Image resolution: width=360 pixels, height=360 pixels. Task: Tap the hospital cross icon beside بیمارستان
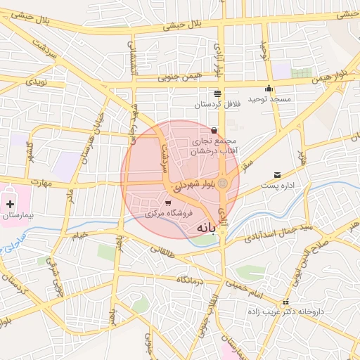click(10, 204)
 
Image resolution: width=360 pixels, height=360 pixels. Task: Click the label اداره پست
click(280, 186)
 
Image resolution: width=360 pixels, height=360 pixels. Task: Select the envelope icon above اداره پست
click(277, 175)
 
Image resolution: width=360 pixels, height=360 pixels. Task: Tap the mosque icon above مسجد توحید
click(269, 89)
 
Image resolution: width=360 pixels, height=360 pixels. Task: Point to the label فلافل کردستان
click(218, 104)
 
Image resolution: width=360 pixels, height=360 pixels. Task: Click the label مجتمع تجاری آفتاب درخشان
click(214, 146)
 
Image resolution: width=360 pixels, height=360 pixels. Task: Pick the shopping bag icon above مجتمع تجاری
click(214, 130)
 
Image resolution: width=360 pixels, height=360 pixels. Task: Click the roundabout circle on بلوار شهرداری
click(223, 184)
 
